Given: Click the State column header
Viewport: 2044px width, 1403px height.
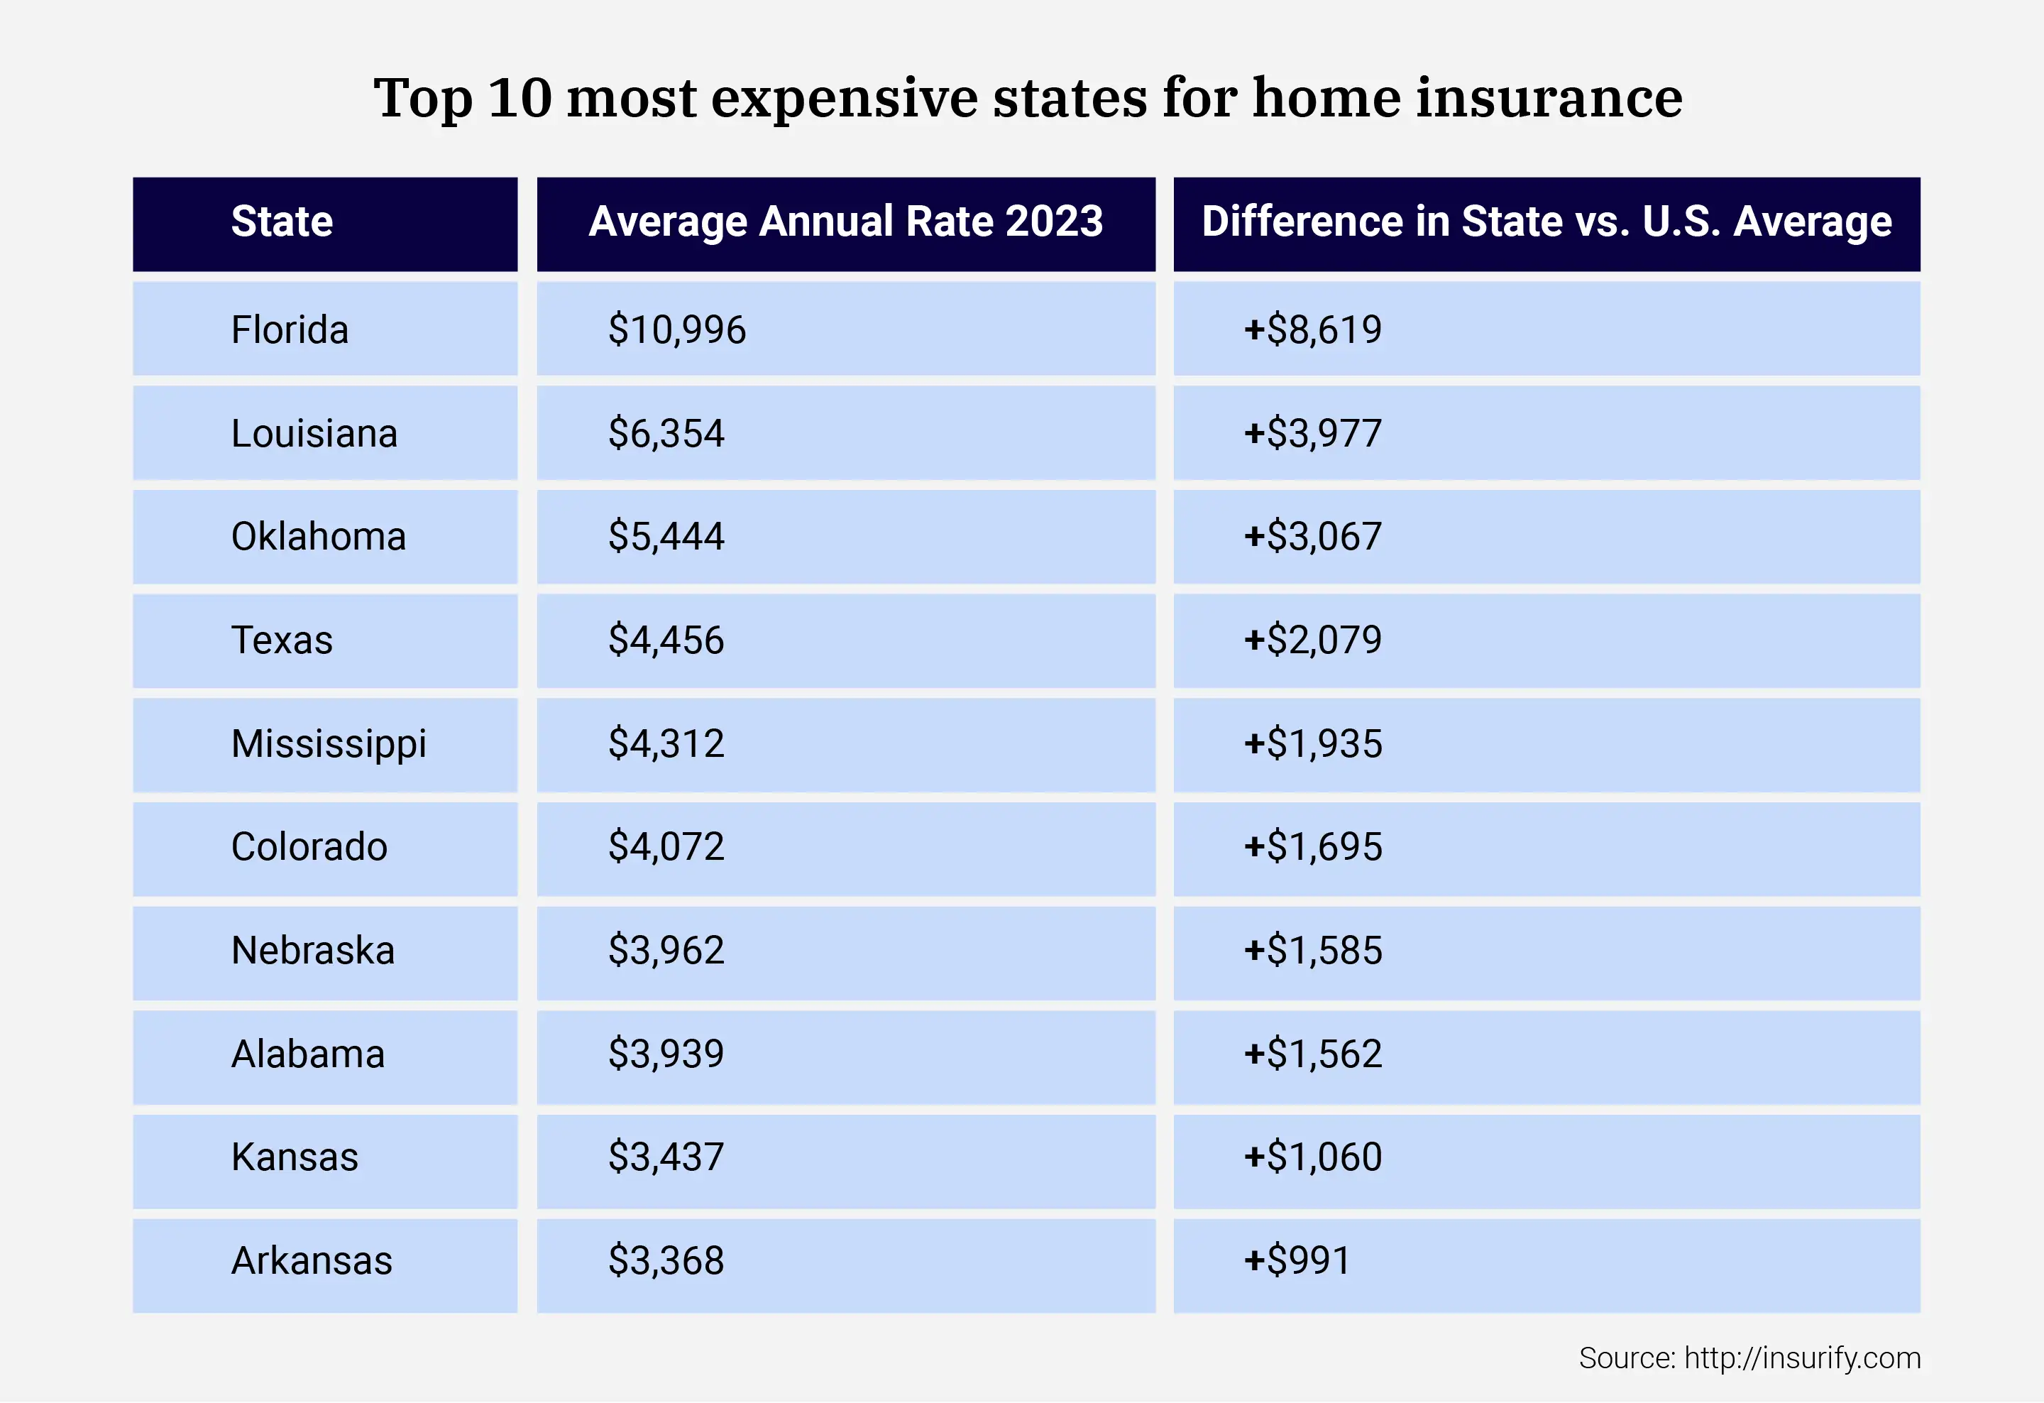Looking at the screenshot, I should click(x=282, y=222).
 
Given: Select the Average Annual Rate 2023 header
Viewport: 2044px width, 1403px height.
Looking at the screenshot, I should click(x=845, y=222).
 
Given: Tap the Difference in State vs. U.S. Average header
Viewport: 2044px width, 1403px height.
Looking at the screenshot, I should click(x=1546, y=222).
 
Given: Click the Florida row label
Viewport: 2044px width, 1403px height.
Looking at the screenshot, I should click(x=290, y=330).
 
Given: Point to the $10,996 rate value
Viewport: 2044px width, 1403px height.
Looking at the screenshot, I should click(x=676, y=330).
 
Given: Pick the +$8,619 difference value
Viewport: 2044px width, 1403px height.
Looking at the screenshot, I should click(x=1312, y=330).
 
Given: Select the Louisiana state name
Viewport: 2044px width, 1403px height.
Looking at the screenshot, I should click(x=314, y=434).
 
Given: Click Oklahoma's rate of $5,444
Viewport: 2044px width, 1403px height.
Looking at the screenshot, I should click(x=666, y=537).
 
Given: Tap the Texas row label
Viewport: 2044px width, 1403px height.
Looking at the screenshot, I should click(x=282, y=640).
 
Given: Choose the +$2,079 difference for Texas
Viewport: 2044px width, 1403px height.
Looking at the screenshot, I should click(x=1312, y=640).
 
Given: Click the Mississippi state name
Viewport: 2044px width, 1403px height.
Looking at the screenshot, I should click(x=328, y=744).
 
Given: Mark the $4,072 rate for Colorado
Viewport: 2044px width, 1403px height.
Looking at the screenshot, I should click(x=666, y=847).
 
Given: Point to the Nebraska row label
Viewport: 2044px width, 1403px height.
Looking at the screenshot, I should click(x=312, y=951).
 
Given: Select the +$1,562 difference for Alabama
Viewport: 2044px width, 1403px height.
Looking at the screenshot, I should click(x=1312, y=1054).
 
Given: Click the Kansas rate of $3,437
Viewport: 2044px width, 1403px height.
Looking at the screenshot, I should click(x=666, y=1157).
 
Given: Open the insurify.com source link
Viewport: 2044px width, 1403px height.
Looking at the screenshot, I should click(x=1801, y=1358).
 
